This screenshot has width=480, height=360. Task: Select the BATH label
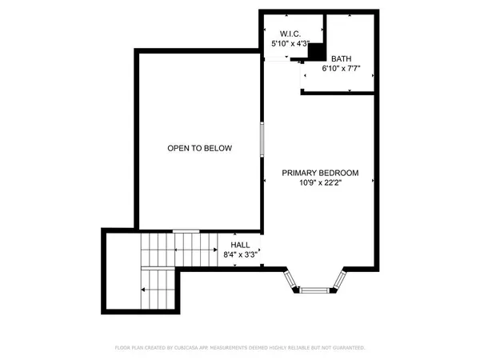point(342,58)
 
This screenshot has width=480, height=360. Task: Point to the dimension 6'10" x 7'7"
point(342,69)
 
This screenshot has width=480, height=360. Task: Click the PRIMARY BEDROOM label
point(320,173)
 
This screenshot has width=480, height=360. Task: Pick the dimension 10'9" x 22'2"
point(320,183)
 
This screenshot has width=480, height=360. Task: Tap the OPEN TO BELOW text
point(199,148)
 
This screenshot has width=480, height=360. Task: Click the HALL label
point(240,245)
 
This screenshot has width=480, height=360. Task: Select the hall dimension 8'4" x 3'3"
point(240,255)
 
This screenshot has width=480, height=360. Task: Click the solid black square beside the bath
point(317,51)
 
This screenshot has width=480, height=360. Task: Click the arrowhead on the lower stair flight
point(142,289)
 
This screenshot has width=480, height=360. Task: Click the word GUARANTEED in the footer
point(350,348)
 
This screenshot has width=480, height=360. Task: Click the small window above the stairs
point(186,231)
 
